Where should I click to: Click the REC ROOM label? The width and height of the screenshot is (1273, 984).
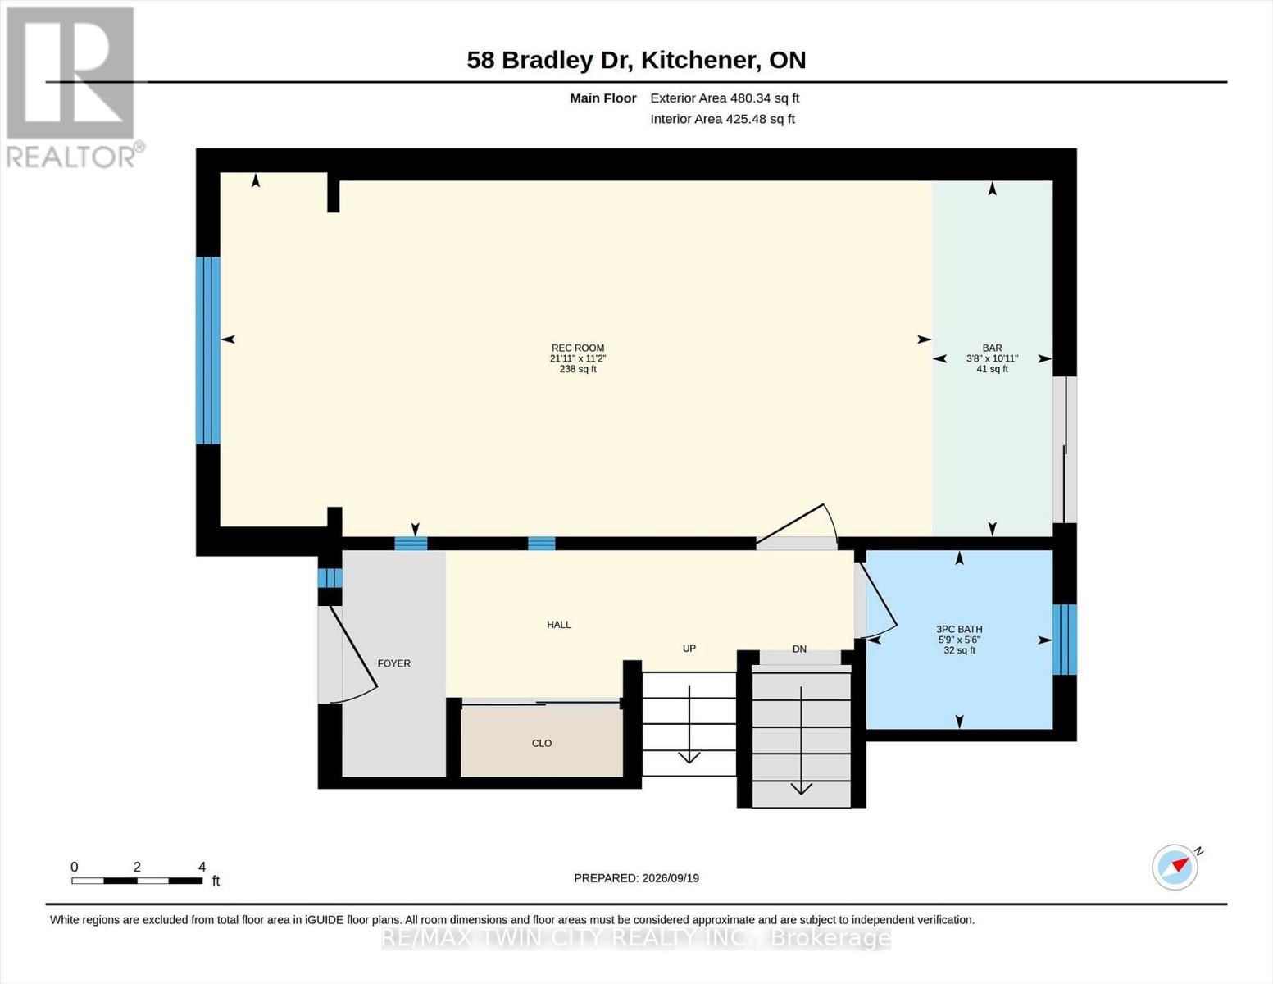coord(578,348)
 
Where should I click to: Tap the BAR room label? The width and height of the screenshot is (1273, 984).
coord(992,348)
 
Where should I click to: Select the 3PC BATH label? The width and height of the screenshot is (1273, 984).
coord(959,630)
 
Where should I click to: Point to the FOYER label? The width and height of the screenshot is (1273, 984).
coord(393,663)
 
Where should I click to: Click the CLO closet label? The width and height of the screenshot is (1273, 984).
coord(541,743)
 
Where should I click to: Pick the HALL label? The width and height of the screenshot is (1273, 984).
coord(558,625)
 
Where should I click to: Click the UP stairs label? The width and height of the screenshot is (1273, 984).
coord(689,648)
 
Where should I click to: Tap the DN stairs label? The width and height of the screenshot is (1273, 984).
coord(799,649)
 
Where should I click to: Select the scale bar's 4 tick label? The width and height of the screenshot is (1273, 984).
coord(202,868)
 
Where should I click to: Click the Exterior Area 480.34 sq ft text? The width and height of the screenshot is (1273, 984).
coord(725,98)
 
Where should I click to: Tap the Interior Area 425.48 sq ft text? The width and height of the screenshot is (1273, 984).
coord(722,119)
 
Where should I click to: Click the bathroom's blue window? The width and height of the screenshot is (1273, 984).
coord(1065,640)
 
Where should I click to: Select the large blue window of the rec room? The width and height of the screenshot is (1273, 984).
coord(208,350)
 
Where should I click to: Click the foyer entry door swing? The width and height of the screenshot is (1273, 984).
coord(354,654)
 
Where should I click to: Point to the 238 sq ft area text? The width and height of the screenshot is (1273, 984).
coord(578,369)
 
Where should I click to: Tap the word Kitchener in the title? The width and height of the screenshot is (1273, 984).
coord(699,60)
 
